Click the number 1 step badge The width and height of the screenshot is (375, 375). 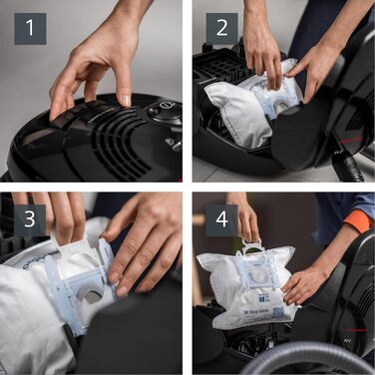pyautogui.click(x=30, y=29)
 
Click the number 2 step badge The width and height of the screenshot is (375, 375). pyautogui.click(x=222, y=29)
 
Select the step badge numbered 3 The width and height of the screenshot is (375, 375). pyautogui.click(x=30, y=220)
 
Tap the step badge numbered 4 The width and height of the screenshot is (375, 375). pyautogui.click(x=222, y=220)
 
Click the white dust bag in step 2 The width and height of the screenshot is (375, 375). pyautogui.click(x=239, y=110)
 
